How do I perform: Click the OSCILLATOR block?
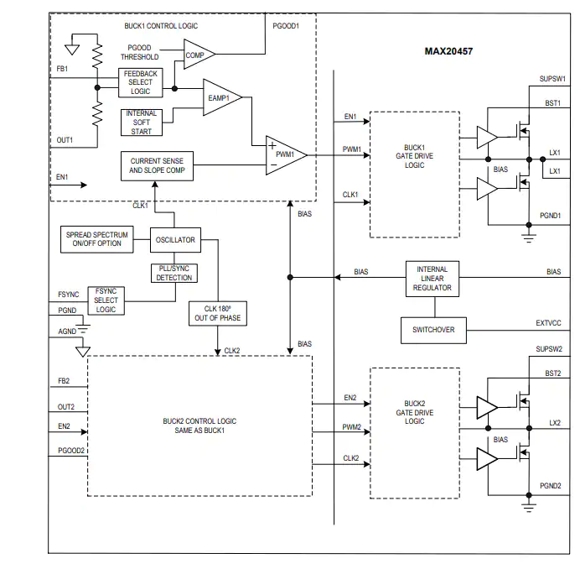[x=175, y=240]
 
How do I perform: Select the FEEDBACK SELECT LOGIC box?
[x=141, y=82]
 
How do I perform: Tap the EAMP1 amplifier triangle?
[x=222, y=97]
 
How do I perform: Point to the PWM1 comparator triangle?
[x=287, y=155]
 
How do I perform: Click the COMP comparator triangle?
[x=199, y=55]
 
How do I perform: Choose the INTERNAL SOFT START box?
[x=142, y=123]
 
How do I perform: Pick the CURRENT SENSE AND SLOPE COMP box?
[x=157, y=166]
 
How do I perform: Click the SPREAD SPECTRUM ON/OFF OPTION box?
[x=97, y=239]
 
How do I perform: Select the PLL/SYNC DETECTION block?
[x=174, y=273]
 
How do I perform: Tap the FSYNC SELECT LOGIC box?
[x=106, y=300]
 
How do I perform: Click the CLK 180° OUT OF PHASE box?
[x=218, y=313]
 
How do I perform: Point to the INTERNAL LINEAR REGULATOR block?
[x=432, y=279]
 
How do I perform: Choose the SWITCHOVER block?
[x=433, y=330]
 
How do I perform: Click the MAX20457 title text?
[x=448, y=51]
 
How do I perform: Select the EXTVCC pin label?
[x=548, y=323]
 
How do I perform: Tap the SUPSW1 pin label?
[x=552, y=79]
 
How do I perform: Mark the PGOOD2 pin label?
[x=71, y=451]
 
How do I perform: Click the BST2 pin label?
[x=553, y=373]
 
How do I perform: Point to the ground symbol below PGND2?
[x=529, y=508]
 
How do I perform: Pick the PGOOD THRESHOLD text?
[x=139, y=52]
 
